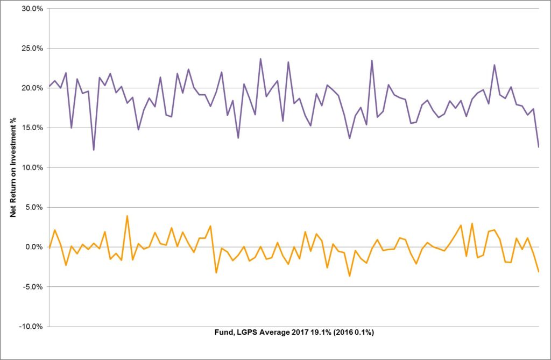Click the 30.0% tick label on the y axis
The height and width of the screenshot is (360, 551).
point(32,9)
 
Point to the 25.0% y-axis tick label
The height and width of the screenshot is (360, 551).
point(32,48)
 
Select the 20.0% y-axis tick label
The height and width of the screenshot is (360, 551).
point(32,88)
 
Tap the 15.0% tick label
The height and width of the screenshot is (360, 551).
point(32,128)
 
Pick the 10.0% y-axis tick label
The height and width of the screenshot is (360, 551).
point(32,167)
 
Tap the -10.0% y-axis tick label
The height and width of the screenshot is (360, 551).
point(31,327)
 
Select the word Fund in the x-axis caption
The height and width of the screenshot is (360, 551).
point(222,333)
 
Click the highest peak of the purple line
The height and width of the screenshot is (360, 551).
point(260,59)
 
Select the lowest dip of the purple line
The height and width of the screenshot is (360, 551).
point(94,150)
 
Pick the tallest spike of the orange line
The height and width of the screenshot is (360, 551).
point(127,216)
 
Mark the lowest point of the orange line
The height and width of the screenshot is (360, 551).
point(349,276)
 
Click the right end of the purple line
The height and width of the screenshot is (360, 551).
point(538,146)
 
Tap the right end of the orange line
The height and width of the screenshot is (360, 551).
point(538,272)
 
